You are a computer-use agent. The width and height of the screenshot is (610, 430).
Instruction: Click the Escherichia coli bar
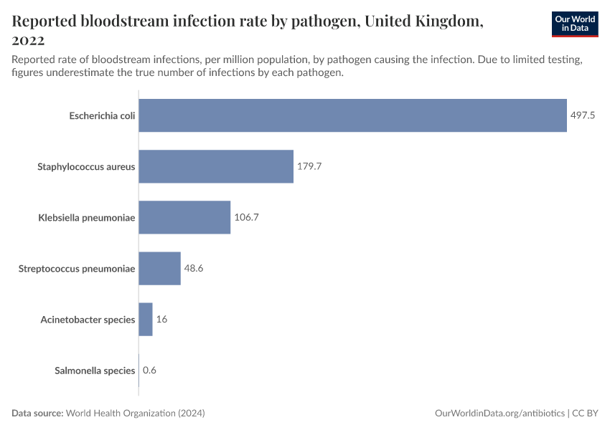tap(352, 115)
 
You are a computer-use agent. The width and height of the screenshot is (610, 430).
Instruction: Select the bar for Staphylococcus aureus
tap(216, 166)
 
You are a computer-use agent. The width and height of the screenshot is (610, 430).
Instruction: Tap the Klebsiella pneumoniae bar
tap(184, 217)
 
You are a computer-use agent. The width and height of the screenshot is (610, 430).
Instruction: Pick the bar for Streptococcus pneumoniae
tap(159, 268)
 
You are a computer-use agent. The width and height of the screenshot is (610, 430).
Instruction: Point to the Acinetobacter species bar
tap(146, 319)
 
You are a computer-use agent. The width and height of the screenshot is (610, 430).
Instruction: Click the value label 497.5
tap(583, 115)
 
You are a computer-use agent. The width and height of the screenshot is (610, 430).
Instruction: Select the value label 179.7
tap(309, 166)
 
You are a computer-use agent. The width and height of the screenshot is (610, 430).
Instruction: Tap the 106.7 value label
tap(246, 217)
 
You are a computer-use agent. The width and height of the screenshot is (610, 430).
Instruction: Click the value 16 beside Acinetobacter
tap(161, 319)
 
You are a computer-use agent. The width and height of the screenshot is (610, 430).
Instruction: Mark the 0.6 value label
tap(149, 371)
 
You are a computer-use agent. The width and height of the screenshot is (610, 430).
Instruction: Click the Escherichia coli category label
tap(102, 115)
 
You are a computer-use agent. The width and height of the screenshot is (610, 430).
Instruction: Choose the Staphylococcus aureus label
tap(86, 166)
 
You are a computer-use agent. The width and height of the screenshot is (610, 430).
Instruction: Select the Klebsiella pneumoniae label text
tap(86, 217)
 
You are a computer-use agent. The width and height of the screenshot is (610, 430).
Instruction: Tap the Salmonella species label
tap(95, 371)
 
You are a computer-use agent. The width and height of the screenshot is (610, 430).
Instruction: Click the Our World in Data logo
tap(574, 24)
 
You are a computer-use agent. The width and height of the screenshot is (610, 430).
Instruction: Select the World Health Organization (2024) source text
tap(136, 414)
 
